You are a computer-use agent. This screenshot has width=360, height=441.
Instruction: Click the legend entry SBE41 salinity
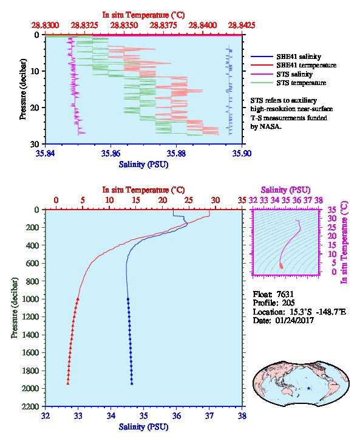point(299,56)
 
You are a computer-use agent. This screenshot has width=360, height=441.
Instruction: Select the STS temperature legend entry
point(301,83)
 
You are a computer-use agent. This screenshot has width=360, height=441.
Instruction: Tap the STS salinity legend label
point(294,74)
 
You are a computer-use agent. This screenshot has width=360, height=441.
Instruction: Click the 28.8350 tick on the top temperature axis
point(124,26)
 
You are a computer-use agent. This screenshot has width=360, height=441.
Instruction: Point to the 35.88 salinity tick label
point(176,153)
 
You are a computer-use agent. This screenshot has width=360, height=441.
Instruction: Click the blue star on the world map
point(308,388)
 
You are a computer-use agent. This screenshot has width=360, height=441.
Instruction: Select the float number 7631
point(285,294)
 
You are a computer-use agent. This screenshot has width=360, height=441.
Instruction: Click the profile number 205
point(288,303)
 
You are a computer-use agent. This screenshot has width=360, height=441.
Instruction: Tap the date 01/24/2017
point(294,320)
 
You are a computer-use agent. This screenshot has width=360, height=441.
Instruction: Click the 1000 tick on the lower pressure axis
point(30,299)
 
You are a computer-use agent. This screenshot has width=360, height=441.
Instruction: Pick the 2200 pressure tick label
point(30,406)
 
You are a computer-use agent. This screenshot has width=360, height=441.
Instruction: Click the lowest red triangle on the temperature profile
point(68,383)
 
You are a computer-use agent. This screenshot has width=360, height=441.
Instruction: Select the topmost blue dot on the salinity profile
point(128,299)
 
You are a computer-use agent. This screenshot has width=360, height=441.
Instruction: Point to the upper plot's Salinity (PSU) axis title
point(143,164)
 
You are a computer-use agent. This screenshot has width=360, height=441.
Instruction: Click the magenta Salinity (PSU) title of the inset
point(285,190)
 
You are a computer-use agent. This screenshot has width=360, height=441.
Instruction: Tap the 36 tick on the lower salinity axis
point(176,415)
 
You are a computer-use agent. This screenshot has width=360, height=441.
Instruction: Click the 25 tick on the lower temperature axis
point(189,200)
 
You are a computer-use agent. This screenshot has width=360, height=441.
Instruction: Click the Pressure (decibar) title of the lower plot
point(15,308)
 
